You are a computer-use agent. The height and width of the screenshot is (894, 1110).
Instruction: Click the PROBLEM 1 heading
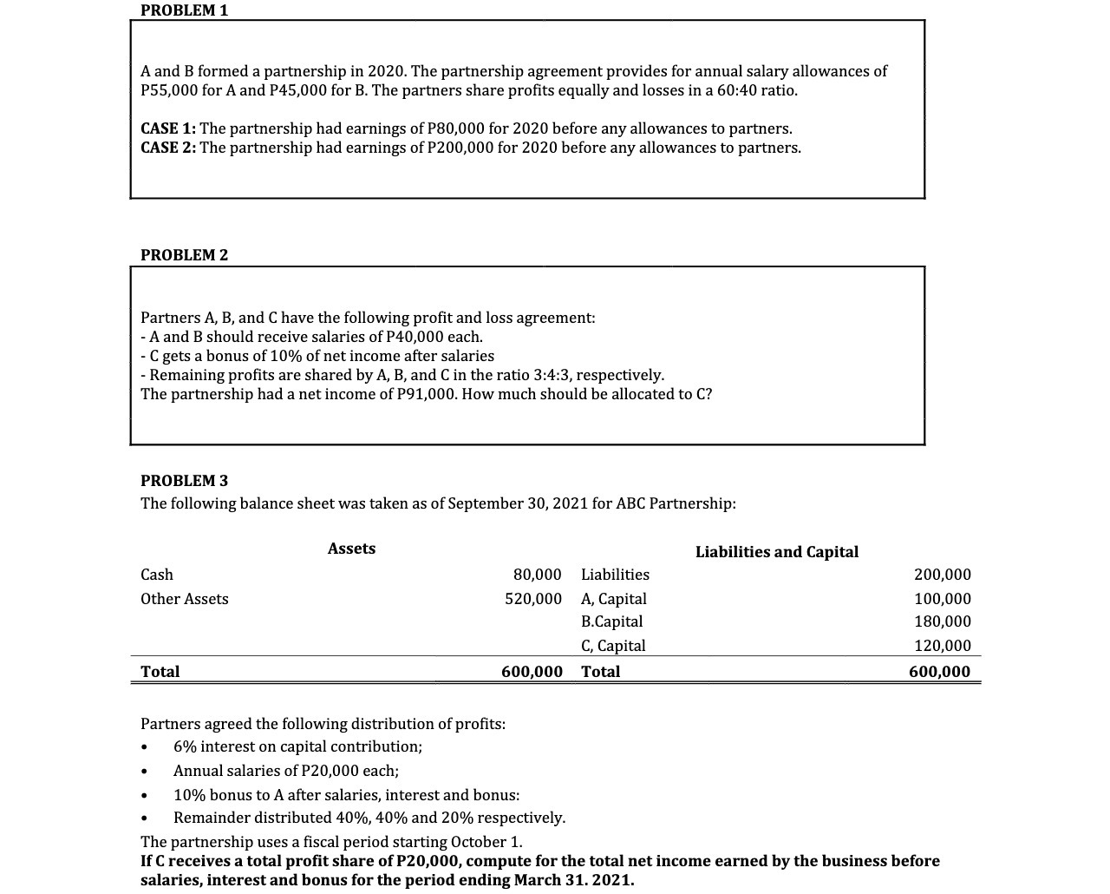pyautogui.click(x=185, y=10)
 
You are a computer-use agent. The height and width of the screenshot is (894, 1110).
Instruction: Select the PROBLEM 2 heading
pyautogui.click(x=185, y=255)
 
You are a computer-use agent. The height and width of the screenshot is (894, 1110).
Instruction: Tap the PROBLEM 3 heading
pyautogui.click(x=185, y=481)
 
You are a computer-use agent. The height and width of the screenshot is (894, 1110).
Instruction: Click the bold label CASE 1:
pyautogui.click(x=168, y=128)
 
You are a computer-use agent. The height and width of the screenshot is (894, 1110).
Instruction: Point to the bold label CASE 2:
pyautogui.click(x=168, y=148)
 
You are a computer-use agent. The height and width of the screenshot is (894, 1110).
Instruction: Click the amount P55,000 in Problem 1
pyautogui.click(x=169, y=90)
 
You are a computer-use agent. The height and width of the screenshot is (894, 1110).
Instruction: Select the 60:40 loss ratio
pyautogui.click(x=732, y=90)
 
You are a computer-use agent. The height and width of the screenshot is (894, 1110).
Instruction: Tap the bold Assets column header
pyautogui.click(x=351, y=549)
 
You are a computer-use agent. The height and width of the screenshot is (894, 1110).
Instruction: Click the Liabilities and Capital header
pyautogui.click(x=776, y=552)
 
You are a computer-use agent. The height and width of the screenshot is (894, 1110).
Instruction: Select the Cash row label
pyautogui.click(x=157, y=575)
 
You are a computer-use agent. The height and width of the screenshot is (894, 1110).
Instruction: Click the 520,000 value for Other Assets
pyautogui.click(x=532, y=599)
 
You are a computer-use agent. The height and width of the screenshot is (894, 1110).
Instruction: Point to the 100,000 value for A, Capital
pyautogui.click(x=942, y=599)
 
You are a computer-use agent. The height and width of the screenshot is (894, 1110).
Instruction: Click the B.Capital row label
pyautogui.click(x=611, y=621)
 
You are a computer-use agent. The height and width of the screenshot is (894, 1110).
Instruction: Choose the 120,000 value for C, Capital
pyautogui.click(x=942, y=646)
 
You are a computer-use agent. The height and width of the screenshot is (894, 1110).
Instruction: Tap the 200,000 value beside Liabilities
pyautogui.click(x=942, y=575)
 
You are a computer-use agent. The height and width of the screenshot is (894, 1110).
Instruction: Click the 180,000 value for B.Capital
pyautogui.click(x=942, y=621)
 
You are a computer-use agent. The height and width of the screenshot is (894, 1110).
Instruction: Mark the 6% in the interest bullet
pyautogui.click(x=184, y=746)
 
